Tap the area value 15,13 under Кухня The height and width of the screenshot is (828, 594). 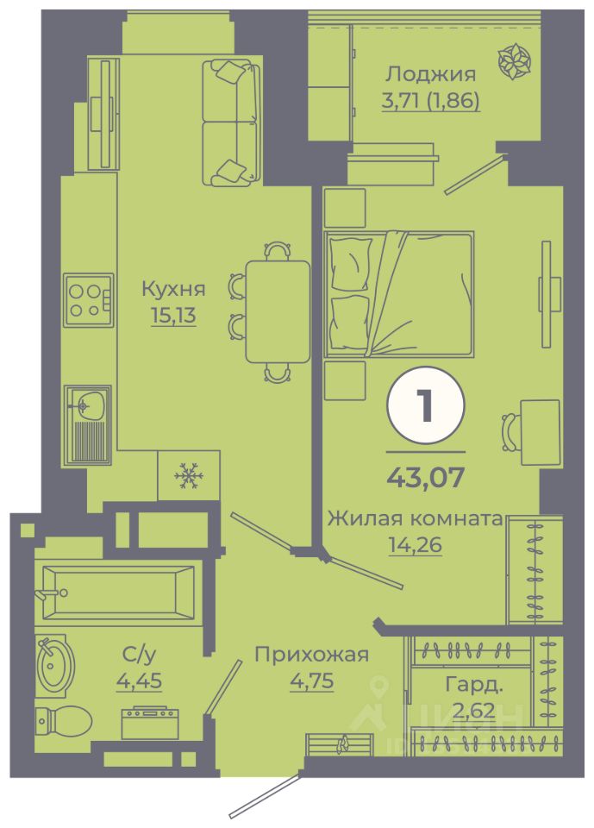(173, 316)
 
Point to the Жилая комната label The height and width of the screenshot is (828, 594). (414, 519)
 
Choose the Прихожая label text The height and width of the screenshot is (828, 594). (311, 655)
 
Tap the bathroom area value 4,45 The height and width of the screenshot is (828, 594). (139, 681)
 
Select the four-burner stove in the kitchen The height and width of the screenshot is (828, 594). (88, 300)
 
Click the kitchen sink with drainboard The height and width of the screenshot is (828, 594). (88, 424)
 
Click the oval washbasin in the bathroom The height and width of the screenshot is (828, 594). (57, 664)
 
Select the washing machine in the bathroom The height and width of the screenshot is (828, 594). (150, 722)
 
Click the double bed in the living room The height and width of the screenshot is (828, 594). (398, 293)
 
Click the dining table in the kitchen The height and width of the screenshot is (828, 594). (277, 311)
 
